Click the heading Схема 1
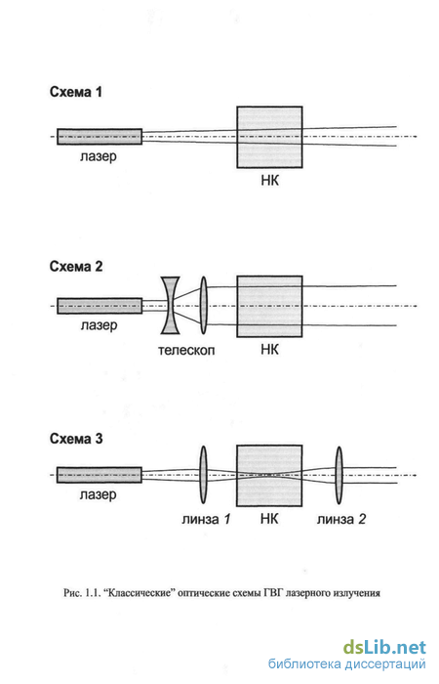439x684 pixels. [x=76, y=92]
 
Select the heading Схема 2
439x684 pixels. [x=76, y=266]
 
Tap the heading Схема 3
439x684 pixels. [x=76, y=439]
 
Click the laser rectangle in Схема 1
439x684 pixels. [x=100, y=137]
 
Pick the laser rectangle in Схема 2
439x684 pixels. [x=100, y=306]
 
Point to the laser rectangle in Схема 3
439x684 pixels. [x=100, y=475]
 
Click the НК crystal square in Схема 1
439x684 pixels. [x=269, y=137]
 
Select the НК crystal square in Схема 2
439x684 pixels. [x=269, y=306]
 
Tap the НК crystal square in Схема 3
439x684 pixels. [x=269, y=476]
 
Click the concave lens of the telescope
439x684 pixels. [x=170, y=305]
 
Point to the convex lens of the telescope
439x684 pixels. [x=203, y=305]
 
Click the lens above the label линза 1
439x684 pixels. [x=203, y=475]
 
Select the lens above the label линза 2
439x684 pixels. [x=339, y=475]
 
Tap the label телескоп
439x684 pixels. [x=186, y=350]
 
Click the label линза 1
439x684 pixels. [x=206, y=519]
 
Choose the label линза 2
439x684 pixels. [x=341, y=519]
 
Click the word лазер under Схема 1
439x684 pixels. [x=99, y=156]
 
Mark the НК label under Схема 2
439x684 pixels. [x=269, y=350]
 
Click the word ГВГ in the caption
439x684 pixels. [x=272, y=593]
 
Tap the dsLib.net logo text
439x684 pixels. [x=384, y=647]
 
